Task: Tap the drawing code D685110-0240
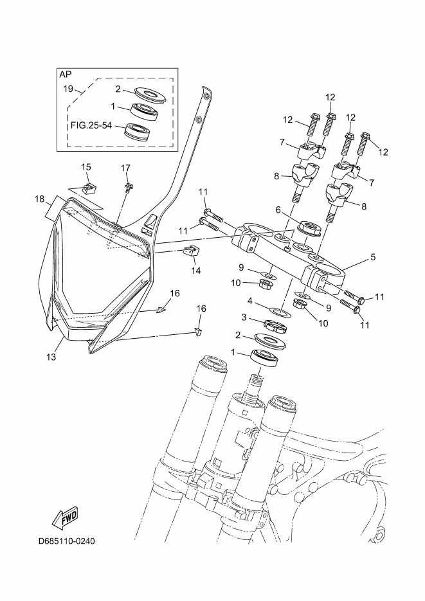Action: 67,541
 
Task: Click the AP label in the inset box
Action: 66,75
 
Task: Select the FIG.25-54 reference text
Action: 91,125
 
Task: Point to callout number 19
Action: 68,89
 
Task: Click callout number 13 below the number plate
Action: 51,357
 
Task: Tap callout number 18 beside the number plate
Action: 39,199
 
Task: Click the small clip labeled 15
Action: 91,188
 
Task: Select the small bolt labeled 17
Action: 129,187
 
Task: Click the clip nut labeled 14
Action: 193,251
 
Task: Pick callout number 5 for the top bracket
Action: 373,257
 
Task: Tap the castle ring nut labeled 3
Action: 276,327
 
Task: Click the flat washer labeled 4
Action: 280,312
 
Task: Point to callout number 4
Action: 250,301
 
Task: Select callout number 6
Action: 278,210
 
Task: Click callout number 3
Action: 244,318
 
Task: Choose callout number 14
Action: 196,271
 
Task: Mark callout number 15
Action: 86,167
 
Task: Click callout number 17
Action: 125,168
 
